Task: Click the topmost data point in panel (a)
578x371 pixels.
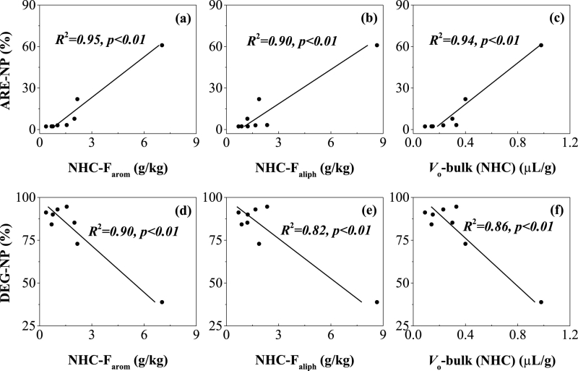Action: (162, 45)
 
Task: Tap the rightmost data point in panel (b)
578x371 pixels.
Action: (376, 45)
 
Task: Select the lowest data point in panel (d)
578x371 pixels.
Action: (162, 302)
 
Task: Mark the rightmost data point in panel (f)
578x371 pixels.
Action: (541, 302)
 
